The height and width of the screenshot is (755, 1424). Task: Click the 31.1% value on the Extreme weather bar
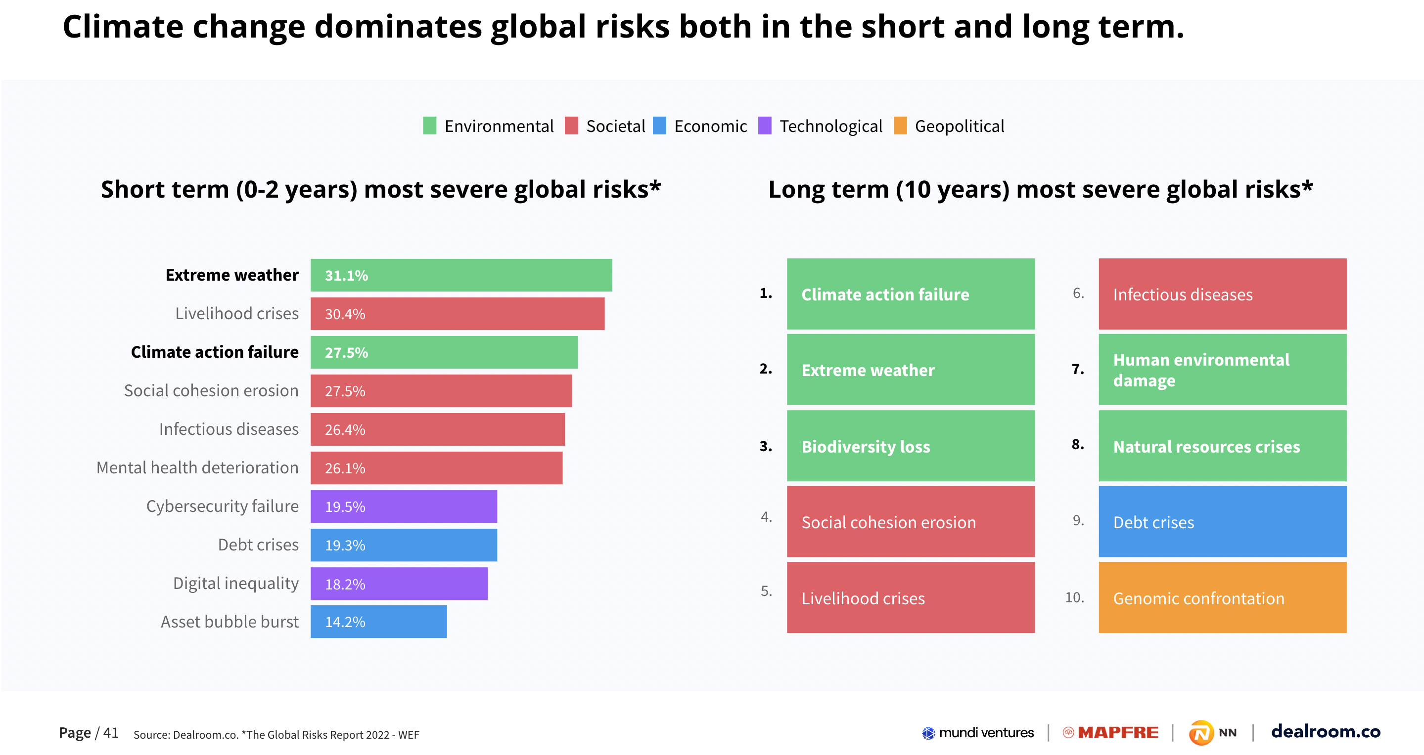pos(346,275)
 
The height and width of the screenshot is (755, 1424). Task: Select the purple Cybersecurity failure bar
pos(404,506)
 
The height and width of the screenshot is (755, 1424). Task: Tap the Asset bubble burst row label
pos(230,622)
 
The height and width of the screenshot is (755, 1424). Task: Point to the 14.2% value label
pos(345,622)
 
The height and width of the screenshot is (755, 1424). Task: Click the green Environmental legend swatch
pos(429,126)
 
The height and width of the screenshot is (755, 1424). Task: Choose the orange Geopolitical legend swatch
pos(900,126)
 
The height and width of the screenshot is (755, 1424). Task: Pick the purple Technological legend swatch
pos(765,126)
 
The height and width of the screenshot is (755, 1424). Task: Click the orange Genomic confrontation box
pos(1222,597)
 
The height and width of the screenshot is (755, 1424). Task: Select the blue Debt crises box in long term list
pos(1222,522)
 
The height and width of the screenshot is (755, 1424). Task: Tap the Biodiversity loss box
pos(911,446)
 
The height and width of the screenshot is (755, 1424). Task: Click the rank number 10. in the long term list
pos(1074,597)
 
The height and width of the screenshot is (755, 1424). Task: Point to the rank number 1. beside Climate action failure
pos(766,294)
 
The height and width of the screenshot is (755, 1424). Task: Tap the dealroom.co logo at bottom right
pos(1326,731)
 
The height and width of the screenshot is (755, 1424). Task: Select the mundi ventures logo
pos(977,732)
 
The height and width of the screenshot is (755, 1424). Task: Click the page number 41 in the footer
pos(111,732)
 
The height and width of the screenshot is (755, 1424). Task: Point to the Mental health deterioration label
pos(197,468)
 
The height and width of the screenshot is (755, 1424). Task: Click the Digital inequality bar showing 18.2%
pos(399,584)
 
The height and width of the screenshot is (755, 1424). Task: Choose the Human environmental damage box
pos(1222,370)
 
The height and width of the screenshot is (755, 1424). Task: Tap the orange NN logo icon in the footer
pos(1200,733)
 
